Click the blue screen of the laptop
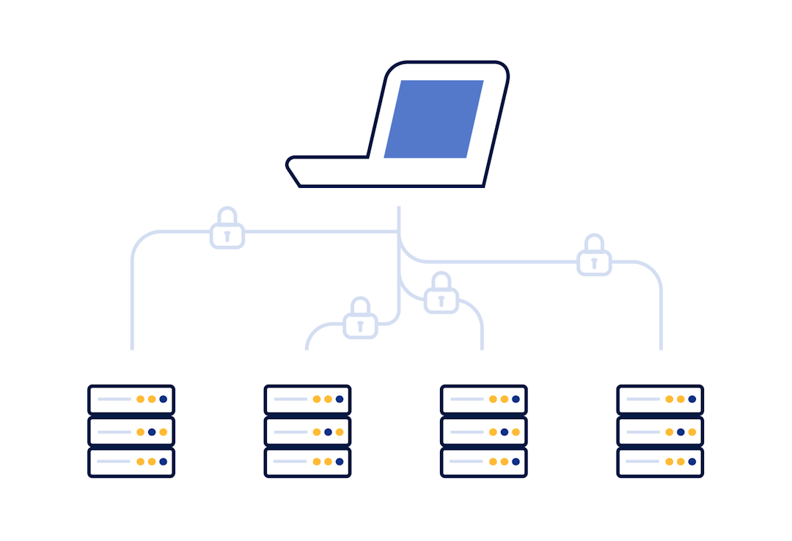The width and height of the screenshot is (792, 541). pos(433,119)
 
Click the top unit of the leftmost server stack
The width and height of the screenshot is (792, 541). pos(131,399)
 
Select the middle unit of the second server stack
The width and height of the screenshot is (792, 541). pos(307,432)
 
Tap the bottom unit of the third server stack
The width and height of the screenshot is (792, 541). pos(483,462)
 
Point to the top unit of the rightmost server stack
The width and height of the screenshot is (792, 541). pos(660,399)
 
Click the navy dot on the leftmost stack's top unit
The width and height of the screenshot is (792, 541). pos(163,399)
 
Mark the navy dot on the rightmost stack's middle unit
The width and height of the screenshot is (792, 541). pos(681,432)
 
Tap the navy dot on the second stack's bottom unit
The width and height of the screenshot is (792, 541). pos(340,462)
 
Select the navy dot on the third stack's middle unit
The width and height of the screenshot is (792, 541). pos(505,432)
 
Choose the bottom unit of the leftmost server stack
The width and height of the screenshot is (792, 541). pos(131,462)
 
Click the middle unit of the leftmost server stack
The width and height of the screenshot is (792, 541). pos(131,432)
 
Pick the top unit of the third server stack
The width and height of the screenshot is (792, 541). pos(483,399)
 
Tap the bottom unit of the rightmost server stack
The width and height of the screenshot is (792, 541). pos(660,462)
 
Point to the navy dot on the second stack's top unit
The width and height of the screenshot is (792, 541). pos(340,399)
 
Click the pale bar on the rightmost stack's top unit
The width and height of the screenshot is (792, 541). pos(642,399)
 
